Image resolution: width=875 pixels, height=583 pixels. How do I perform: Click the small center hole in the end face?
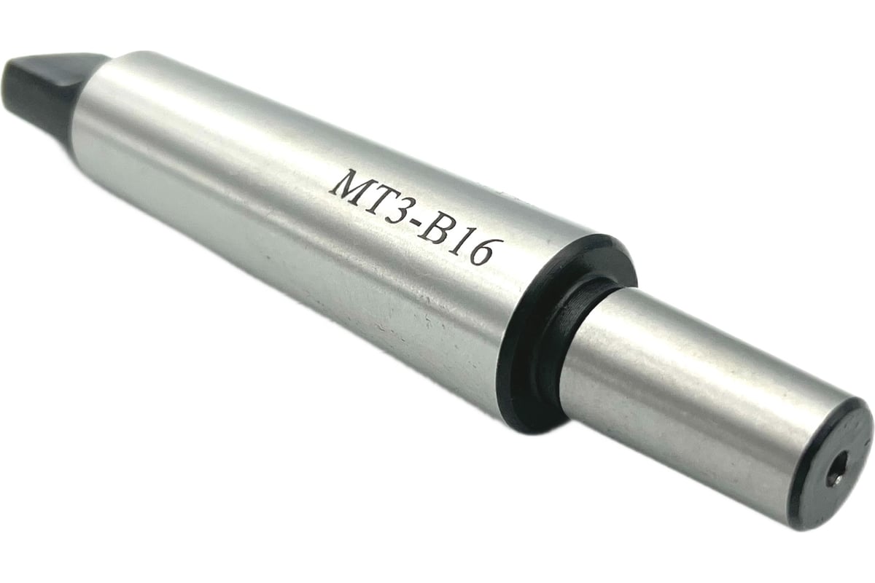(x=837, y=464)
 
